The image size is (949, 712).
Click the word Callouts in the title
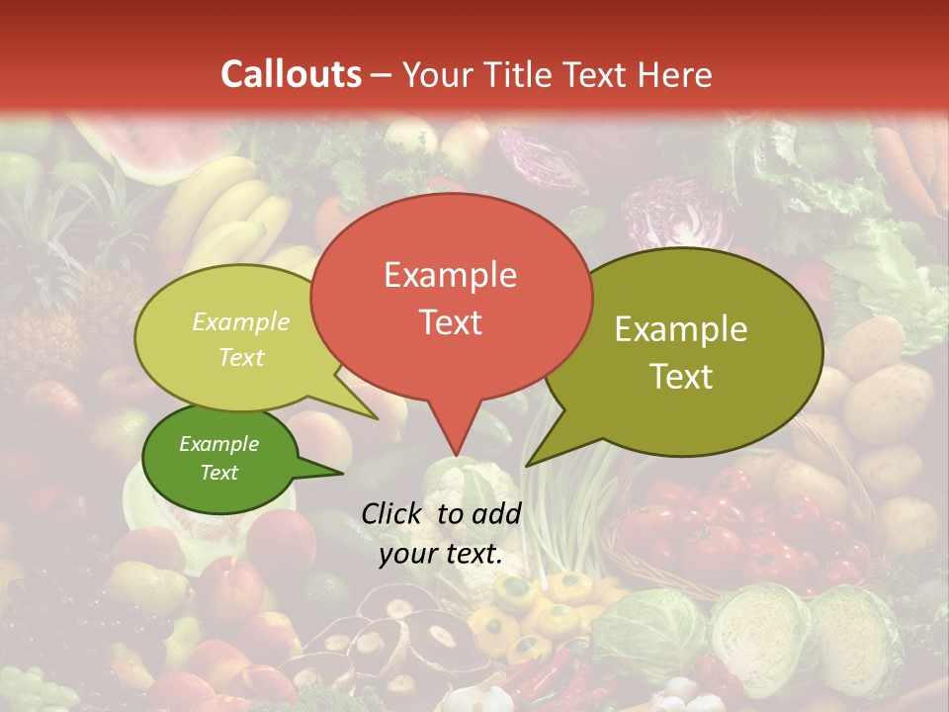click(x=292, y=74)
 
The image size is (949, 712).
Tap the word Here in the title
click(x=675, y=74)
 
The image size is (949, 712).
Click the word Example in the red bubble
click(x=450, y=275)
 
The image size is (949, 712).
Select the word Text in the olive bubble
click(x=682, y=376)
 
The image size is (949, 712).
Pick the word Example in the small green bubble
click(x=219, y=444)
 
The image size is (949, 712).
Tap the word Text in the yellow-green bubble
click(x=241, y=357)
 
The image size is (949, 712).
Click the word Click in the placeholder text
click(x=391, y=513)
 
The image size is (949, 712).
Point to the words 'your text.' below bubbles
click(x=441, y=555)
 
